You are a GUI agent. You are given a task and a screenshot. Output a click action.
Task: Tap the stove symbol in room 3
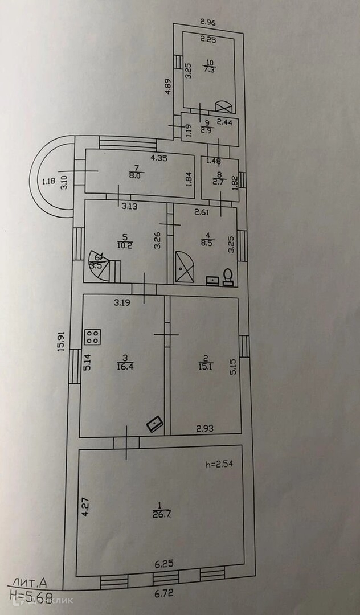[92, 337]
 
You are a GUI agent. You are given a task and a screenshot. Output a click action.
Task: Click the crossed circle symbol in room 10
[224, 106]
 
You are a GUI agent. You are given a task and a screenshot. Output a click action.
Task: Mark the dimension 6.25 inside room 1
[165, 564]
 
